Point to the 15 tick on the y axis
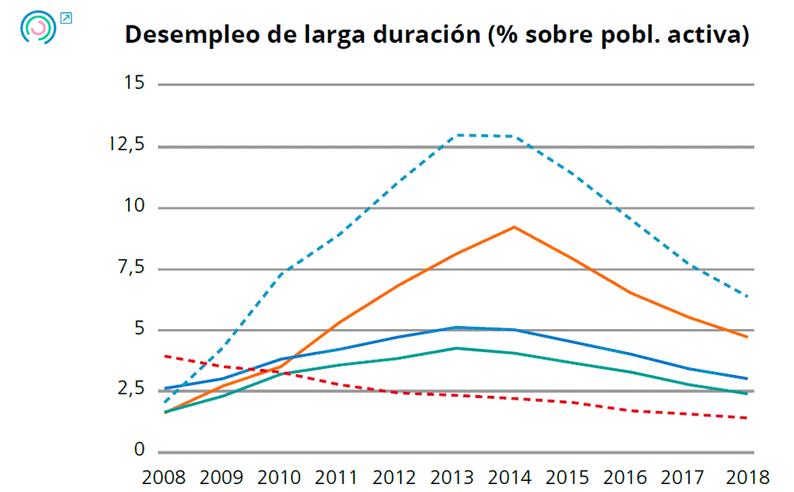pos(134,83)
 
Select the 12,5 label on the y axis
pos(129,145)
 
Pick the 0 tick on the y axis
pos(140,451)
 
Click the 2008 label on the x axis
pos(164,478)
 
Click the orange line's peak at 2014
pos(515,227)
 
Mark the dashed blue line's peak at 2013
pos(457,135)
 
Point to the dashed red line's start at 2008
pos(164,356)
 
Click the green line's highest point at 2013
pos(457,347)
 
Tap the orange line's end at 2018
pos(747,337)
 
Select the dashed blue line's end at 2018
pos(747,296)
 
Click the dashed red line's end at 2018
pos(747,418)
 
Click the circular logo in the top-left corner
pos(38,28)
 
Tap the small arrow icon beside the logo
pos(66,17)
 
